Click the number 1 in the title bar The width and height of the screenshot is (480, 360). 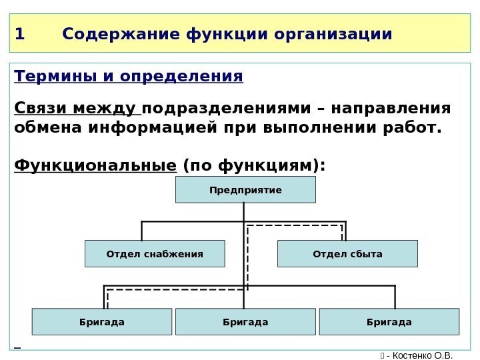click(19, 33)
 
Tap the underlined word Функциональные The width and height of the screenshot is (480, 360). click(95, 164)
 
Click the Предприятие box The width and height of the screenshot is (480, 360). click(245, 190)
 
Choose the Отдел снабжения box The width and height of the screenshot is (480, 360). click(155, 254)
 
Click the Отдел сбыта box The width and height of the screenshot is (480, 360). click(347, 254)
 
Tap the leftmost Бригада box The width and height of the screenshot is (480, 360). click(102, 322)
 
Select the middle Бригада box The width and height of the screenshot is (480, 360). click(245, 322)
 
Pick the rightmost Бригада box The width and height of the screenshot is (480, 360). click(389, 322)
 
